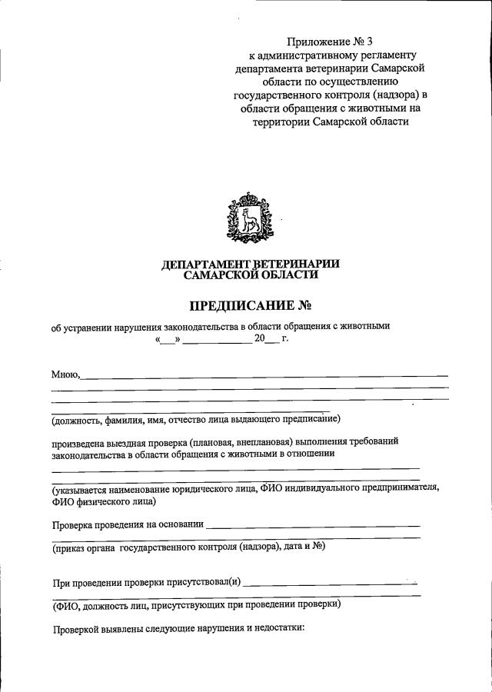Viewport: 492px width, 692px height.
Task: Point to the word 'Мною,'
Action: pos(66,374)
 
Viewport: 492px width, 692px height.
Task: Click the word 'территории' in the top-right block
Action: pos(282,121)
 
